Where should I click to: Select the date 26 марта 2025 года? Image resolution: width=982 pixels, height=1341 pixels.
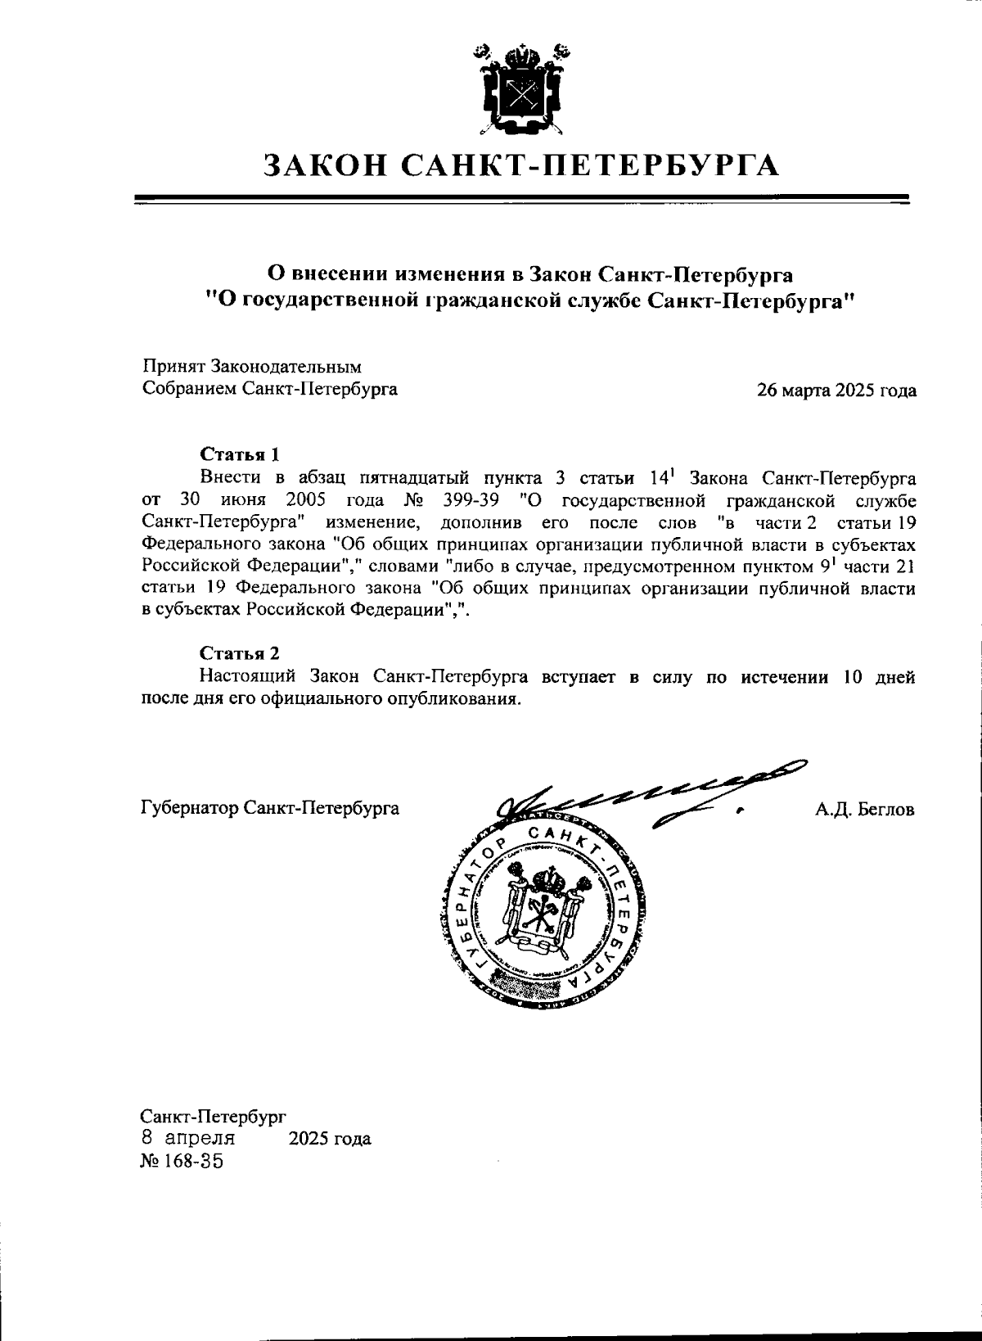pos(836,391)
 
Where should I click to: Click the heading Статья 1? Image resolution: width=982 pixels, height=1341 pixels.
pos(240,454)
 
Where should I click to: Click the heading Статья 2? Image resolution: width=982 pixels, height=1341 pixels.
pos(240,653)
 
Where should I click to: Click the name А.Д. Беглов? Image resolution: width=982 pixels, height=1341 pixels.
pos(864,810)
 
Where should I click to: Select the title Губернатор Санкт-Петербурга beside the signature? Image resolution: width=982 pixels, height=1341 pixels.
pos(270,809)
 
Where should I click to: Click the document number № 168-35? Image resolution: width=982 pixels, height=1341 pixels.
pos(182,1161)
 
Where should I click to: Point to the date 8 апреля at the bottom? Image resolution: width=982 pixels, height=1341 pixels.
pos(188,1138)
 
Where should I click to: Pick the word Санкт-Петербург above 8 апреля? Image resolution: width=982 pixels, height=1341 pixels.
pos(213,1116)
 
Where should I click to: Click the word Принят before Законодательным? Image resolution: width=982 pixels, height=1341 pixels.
pos(173,368)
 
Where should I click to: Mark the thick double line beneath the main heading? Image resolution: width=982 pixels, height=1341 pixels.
pos(521,198)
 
